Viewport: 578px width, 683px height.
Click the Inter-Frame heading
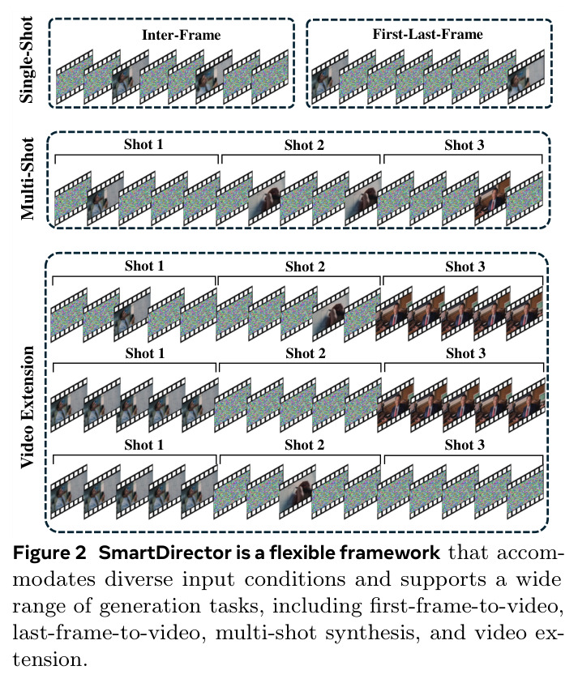point(182,35)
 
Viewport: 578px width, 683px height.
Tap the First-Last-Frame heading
point(427,34)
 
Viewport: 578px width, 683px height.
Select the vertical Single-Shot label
point(27,60)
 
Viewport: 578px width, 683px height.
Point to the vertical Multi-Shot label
point(27,178)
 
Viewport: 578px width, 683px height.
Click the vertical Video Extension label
point(27,407)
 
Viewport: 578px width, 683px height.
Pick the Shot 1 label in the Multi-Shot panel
point(143,144)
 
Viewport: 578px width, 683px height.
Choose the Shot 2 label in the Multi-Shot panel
point(304,144)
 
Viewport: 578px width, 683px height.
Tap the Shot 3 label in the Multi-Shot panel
point(465,144)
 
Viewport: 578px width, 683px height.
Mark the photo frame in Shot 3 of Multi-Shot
point(493,198)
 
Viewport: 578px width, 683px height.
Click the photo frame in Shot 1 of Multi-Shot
point(105,198)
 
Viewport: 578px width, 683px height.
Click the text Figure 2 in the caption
point(49,553)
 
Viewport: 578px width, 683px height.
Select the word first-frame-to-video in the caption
point(466,606)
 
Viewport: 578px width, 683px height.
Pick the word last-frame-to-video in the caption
point(109,633)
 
